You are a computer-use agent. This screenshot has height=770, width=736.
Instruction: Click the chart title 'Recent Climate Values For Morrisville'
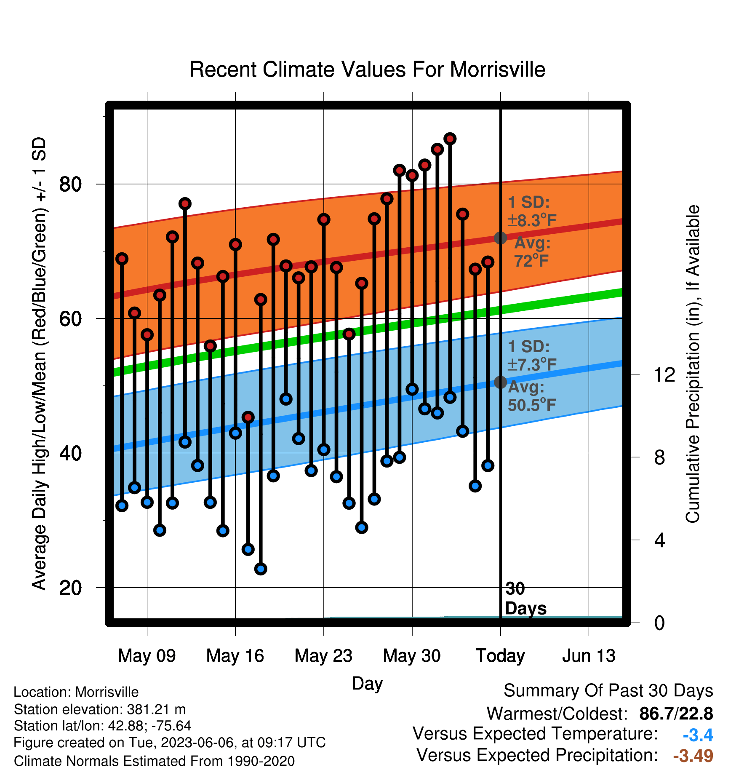(x=367, y=70)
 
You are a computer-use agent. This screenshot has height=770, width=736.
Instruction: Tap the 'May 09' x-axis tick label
(x=147, y=656)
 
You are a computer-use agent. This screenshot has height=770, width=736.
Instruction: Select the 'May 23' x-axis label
(x=323, y=656)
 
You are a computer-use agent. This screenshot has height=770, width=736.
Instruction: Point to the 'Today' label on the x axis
(x=500, y=656)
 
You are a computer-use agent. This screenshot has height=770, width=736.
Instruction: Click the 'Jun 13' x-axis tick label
(x=589, y=656)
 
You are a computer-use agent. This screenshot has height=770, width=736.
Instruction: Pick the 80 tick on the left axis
(x=70, y=184)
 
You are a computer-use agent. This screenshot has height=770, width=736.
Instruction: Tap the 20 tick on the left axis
(x=70, y=588)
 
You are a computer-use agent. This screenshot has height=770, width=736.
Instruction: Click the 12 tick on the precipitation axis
(x=664, y=374)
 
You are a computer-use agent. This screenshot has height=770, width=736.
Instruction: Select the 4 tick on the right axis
(x=659, y=540)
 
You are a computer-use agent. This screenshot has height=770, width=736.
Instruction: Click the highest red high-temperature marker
(x=450, y=139)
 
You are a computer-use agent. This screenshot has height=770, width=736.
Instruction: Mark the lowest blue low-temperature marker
(x=261, y=569)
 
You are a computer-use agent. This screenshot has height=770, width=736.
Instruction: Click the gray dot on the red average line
(x=500, y=238)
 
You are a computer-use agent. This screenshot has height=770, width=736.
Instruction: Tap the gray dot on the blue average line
(x=500, y=382)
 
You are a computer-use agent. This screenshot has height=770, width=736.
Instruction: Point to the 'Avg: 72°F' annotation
(x=532, y=252)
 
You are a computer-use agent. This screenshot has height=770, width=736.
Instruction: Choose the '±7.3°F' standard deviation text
(x=532, y=364)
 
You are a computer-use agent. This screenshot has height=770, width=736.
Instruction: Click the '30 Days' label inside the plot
(x=525, y=599)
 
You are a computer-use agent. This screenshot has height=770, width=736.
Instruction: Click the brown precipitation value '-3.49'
(x=693, y=756)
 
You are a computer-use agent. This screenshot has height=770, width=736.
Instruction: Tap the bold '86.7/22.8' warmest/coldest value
(x=676, y=714)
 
